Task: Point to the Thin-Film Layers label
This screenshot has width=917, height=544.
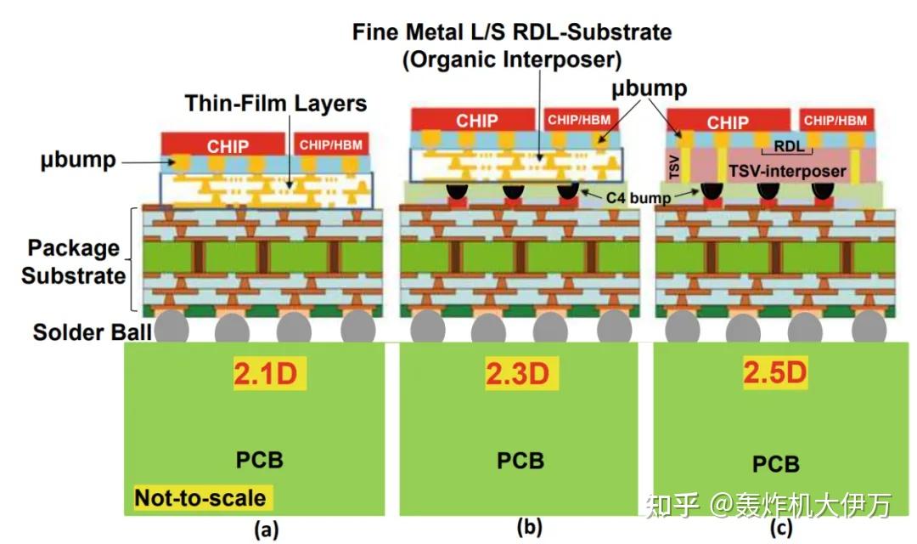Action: [x=276, y=105]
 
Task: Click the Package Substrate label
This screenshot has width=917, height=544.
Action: [x=74, y=262]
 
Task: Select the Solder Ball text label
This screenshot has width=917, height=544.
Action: [x=92, y=331]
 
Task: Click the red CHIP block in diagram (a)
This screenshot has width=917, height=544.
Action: [x=228, y=144]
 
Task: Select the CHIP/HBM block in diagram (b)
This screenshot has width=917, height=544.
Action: [x=577, y=120]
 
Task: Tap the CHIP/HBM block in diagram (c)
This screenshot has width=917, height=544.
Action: [x=835, y=121]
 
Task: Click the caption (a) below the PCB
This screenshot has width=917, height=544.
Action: [x=266, y=529]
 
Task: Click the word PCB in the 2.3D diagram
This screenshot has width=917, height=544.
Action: [x=520, y=460]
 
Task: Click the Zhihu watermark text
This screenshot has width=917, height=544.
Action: [x=768, y=505]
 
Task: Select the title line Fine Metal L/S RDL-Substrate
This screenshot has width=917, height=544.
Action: [x=512, y=33]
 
